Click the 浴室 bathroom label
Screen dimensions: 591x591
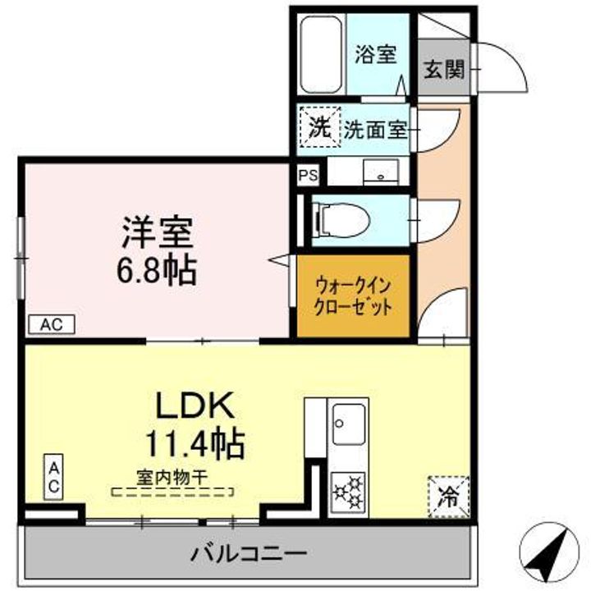coord(376,55)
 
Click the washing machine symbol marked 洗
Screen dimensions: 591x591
coord(317,127)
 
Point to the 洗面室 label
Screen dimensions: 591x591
coord(374,129)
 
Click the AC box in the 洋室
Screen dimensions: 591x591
coord(51,325)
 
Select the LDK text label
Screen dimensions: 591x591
coord(196,405)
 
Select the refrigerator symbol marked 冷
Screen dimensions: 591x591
coord(447,497)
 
